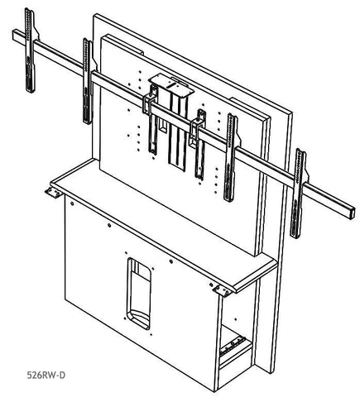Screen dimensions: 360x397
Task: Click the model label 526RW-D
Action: click(46, 375)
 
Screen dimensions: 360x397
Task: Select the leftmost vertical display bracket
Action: click(30, 50)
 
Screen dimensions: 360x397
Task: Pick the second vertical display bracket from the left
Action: click(88, 81)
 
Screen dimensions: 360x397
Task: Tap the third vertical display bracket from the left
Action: click(231, 157)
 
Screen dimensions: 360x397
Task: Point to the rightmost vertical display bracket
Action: click(297, 193)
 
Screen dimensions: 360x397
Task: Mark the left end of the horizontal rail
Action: click(14, 36)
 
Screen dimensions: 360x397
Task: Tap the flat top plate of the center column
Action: click(171, 85)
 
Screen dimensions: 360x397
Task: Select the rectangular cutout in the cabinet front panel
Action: click(139, 294)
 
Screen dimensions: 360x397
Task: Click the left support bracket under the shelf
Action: click(54, 192)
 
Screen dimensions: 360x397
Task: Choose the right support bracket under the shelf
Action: click(222, 290)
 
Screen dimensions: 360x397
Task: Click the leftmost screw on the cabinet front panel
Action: click(72, 203)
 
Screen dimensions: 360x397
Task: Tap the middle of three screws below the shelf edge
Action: click(109, 226)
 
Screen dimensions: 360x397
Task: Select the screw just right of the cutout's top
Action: click(171, 261)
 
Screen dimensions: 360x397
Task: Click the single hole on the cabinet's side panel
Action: click(235, 319)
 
